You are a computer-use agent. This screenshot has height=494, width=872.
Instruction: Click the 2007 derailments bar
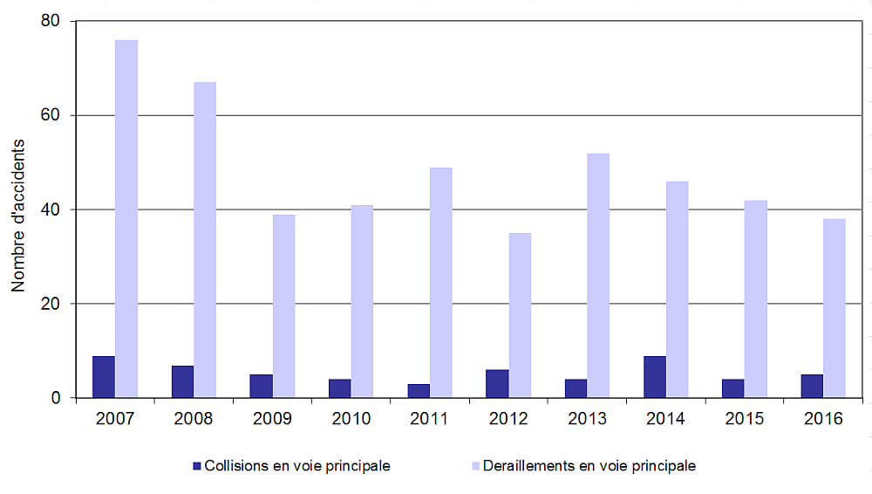pos(126,218)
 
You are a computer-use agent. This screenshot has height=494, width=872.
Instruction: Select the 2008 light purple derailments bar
pos(205,240)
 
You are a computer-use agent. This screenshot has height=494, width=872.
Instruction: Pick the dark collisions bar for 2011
pos(419,391)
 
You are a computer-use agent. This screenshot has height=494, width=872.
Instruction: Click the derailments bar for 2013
pos(598,275)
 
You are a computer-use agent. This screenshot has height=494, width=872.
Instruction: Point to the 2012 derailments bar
pos(520,315)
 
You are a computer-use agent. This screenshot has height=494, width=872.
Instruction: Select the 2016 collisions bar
pos(812,386)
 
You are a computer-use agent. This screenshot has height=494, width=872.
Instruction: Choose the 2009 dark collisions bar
pos(262,386)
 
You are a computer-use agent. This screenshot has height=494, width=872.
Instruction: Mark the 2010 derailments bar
pos(362,301)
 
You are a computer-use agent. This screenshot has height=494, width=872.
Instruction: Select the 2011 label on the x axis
pos(429,419)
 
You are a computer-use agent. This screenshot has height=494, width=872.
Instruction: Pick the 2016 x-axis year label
pos(823,419)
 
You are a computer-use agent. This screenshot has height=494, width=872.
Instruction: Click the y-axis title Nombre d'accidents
pos(18,209)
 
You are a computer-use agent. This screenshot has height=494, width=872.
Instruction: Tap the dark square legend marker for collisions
pos(197,466)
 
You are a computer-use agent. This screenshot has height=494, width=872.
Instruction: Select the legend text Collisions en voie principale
pos(296,466)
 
